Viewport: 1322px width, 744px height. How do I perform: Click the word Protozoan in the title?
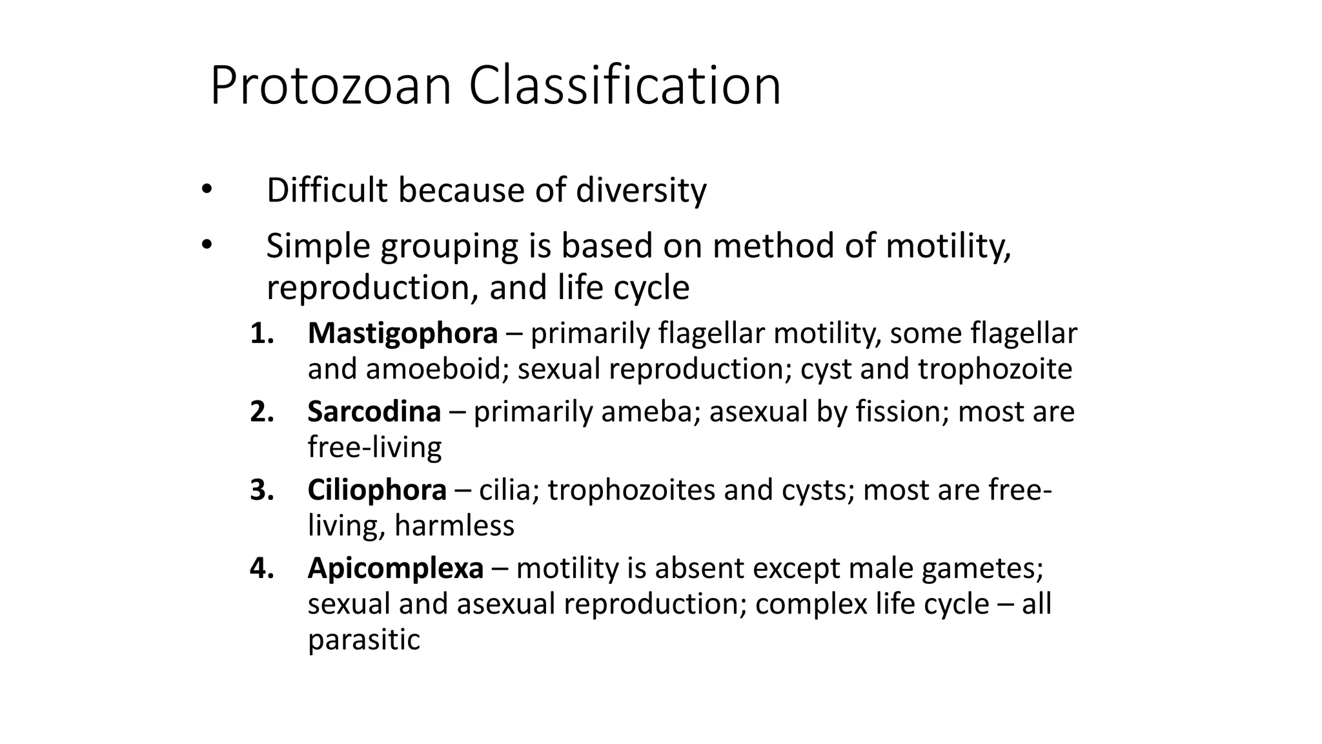(x=330, y=86)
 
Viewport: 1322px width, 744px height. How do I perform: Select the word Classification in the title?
(x=625, y=86)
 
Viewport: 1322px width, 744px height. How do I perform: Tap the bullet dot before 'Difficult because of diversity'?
(x=206, y=189)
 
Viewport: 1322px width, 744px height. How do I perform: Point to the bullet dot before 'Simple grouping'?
(x=206, y=245)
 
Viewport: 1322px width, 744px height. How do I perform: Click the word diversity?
(x=641, y=191)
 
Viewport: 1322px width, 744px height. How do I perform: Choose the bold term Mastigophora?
(x=403, y=333)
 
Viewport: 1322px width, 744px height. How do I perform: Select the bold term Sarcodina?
(x=374, y=411)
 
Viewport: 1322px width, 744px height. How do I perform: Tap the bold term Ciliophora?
(x=377, y=490)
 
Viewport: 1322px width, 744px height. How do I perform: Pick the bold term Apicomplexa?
(x=396, y=568)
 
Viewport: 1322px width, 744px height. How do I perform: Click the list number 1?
(x=261, y=333)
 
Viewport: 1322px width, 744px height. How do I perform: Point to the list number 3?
(x=261, y=490)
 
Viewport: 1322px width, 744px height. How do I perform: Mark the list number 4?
(x=261, y=568)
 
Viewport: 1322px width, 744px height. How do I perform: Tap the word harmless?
(x=454, y=525)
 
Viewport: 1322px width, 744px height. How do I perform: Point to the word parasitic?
(x=363, y=639)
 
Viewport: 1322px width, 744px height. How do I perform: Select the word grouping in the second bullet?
(x=449, y=247)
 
